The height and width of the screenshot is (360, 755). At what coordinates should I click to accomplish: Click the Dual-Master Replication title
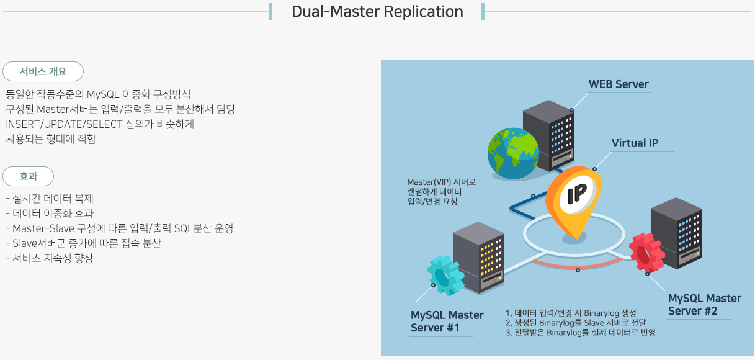click(x=377, y=12)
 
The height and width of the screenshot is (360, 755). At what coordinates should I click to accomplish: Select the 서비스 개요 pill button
click(x=43, y=71)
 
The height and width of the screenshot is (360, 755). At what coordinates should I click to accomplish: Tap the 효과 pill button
click(x=29, y=176)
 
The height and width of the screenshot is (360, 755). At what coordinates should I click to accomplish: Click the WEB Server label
click(x=619, y=84)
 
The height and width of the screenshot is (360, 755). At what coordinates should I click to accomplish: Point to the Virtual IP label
click(x=635, y=143)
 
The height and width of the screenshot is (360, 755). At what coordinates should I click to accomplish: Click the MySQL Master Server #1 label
click(x=447, y=321)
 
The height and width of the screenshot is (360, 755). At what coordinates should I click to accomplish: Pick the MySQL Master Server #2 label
click(x=704, y=304)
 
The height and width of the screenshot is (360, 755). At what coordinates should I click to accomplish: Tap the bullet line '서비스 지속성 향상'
click(x=50, y=258)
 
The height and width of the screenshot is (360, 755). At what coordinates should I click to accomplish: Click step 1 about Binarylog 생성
click(x=571, y=313)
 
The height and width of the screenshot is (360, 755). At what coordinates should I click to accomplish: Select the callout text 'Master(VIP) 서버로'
click(x=441, y=182)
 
